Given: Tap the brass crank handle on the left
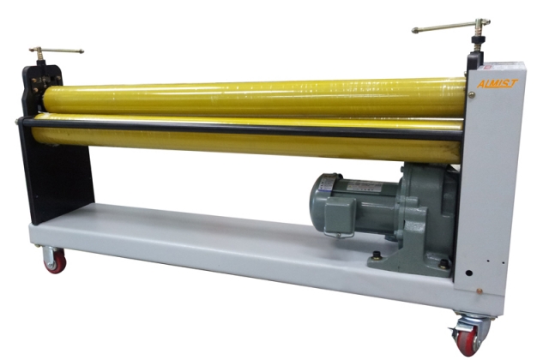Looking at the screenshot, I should (56, 51).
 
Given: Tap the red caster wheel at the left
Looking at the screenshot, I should (54, 261).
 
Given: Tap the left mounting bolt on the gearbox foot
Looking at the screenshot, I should (377, 255).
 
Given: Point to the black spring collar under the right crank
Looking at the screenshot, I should (474, 61).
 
